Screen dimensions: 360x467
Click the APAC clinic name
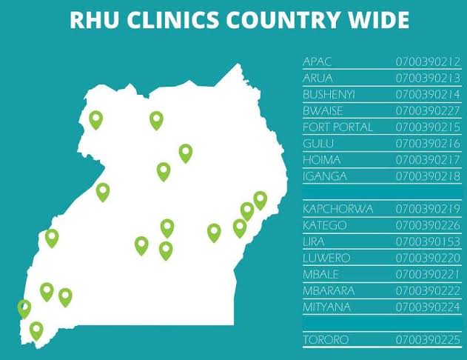click(x=318, y=61)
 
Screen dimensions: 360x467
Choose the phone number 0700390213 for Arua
click(x=428, y=78)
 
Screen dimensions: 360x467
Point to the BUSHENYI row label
click(x=329, y=94)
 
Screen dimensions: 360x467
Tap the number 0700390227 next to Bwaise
click(x=428, y=110)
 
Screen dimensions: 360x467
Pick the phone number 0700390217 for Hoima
click(x=428, y=159)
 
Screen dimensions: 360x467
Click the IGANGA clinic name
click(x=325, y=176)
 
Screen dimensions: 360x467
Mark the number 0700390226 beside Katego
click(x=428, y=225)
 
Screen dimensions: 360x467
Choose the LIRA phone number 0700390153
click(x=428, y=241)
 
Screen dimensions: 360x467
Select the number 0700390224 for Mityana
click(x=428, y=307)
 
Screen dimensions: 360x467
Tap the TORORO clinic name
click(x=326, y=340)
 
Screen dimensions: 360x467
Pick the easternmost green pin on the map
click(x=260, y=199)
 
